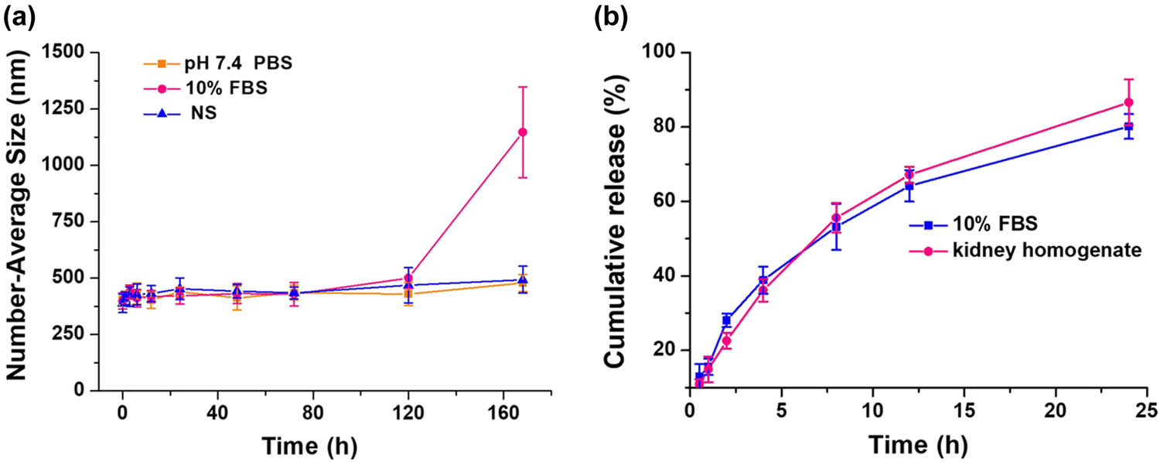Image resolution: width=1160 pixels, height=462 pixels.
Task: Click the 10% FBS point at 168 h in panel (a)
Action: click(523, 132)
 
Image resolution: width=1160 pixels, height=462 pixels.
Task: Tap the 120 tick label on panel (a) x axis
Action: click(408, 411)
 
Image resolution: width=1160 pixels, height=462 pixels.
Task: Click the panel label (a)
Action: click(20, 17)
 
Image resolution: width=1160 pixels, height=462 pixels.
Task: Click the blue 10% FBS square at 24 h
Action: click(1128, 126)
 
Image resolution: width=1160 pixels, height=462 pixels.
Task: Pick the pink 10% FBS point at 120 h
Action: click(408, 278)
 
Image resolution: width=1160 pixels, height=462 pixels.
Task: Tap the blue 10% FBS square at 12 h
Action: click(909, 186)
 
